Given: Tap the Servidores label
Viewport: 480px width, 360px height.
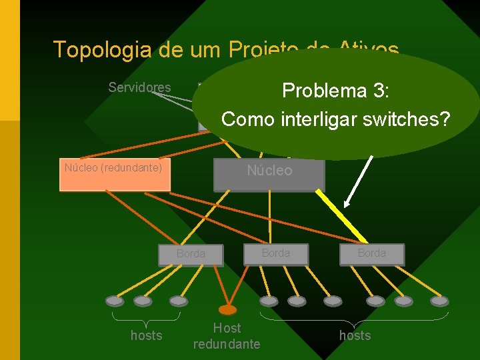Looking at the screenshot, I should pyautogui.click(x=139, y=88).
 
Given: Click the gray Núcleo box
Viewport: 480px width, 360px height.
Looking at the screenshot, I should pyautogui.click(x=269, y=173).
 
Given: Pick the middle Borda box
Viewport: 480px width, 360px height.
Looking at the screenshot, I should pyautogui.click(x=276, y=253).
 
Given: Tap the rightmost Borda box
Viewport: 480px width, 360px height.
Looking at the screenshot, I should pyautogui.click(x=371, y=253).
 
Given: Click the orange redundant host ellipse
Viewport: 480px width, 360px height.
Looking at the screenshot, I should pyautogui.click(x=227, y=309).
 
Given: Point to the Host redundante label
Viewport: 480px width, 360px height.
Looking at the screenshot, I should pyautogui.click(x=227, y=336).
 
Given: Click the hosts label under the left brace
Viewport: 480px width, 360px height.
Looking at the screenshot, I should pyautogui.click(x=146, y=335).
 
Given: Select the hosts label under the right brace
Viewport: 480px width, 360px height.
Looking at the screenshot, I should pyautogui.click(x=355, y=335).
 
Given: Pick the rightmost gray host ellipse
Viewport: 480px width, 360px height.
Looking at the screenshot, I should pyautogui.click(x=439, y=301).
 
